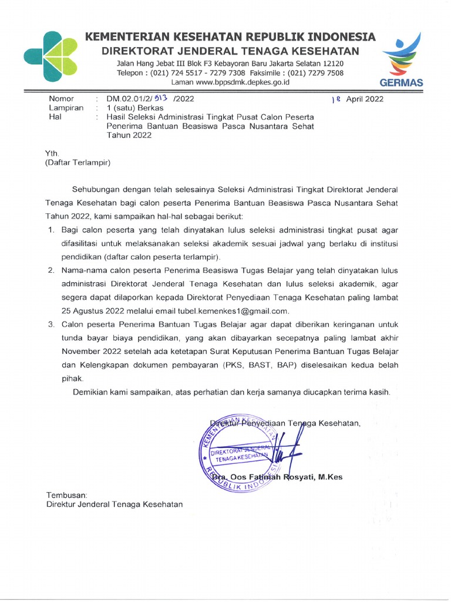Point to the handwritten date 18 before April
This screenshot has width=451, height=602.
336,99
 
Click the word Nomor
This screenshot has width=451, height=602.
62,99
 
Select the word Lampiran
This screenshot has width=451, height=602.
66,108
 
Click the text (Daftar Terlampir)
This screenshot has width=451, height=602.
78,162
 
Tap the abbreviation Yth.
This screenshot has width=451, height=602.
52,153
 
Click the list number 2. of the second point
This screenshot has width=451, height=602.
52,270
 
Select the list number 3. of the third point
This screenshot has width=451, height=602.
52,324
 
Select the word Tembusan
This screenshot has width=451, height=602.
67,495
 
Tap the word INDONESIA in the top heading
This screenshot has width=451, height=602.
336,37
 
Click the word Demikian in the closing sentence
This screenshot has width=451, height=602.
92,392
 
